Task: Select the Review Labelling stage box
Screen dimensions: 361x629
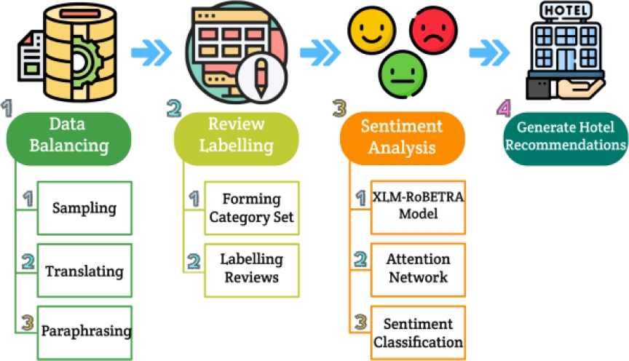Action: (236, 135)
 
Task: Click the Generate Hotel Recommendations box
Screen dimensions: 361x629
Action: (566, 135)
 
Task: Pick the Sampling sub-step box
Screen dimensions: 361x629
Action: (84, 207)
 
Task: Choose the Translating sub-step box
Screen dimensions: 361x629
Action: (84, 271)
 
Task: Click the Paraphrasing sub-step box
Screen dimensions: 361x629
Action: (86, 331)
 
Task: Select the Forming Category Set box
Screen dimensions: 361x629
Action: (251, 208)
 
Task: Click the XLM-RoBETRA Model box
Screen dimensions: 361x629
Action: (419, 205)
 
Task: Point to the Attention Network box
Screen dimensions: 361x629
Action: (419, 268)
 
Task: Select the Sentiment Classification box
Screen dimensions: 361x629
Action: (419, 332)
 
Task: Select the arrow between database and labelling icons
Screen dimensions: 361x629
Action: (151, 51)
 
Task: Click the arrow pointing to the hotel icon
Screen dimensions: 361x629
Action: (488, 51)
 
